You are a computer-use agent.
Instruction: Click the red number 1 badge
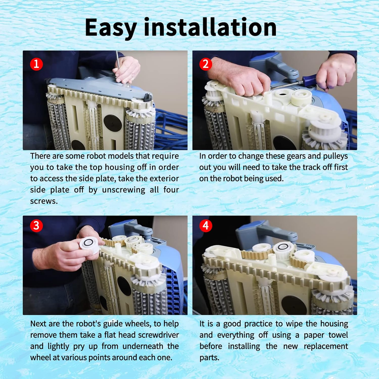pyautogui.click(x=36, y=64)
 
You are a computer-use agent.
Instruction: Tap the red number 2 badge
pyautogui.click(x=206, y=64)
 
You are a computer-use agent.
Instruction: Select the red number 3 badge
pyautogui.click(x=36, y=225)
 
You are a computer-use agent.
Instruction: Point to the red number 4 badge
pyautogui.click(x=206, y=225)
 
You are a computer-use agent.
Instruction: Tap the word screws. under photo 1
pyautogui.click(x=44, y=201)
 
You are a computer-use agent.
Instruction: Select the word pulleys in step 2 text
pyautogui.click(x=335, y=156)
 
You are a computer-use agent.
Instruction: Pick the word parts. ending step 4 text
pyautogui.click(x=209, y=358)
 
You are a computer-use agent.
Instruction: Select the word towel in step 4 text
pyautogui.click(x=338, y=335)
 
